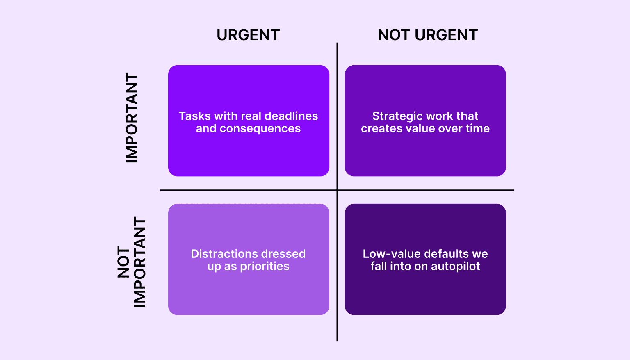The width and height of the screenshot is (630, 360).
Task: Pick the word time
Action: click(477, 129)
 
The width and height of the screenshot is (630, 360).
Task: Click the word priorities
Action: click(265, 267)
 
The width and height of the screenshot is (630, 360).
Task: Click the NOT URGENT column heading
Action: click(428, 35)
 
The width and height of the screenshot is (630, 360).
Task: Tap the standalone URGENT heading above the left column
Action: click(248, 35)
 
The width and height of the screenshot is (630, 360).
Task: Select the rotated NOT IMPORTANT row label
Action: click(132, 262)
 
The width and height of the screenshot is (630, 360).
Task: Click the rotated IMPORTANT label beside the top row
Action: click(132, 118)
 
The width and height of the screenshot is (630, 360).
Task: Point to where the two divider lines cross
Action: click(337, 190)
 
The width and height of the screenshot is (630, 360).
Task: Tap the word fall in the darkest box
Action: click(379, 267)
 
